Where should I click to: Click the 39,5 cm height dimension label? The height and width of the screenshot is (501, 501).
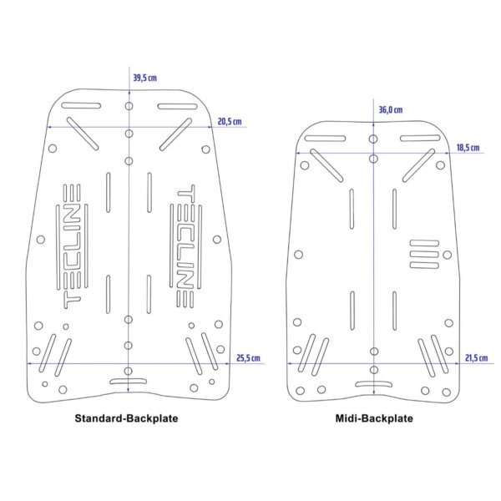(x=144, y=78)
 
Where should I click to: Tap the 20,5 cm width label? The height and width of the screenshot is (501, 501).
(x=230, y=121)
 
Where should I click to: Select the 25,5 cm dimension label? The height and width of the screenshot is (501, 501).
(x=248, y=358)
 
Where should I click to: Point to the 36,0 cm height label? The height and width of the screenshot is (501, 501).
(x=391, y=110)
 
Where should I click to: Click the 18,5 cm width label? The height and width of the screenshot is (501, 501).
(x=468, y=148)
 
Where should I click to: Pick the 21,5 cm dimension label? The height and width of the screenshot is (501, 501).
(x=477, y=358)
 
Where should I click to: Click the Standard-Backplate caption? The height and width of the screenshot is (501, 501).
(x=126, y=418)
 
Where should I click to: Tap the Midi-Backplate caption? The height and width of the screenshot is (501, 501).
(x=374, y=418)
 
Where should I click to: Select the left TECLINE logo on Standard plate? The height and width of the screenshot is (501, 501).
(x=72, y=246)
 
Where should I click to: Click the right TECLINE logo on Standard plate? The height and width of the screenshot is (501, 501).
(x=185, y=246)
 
